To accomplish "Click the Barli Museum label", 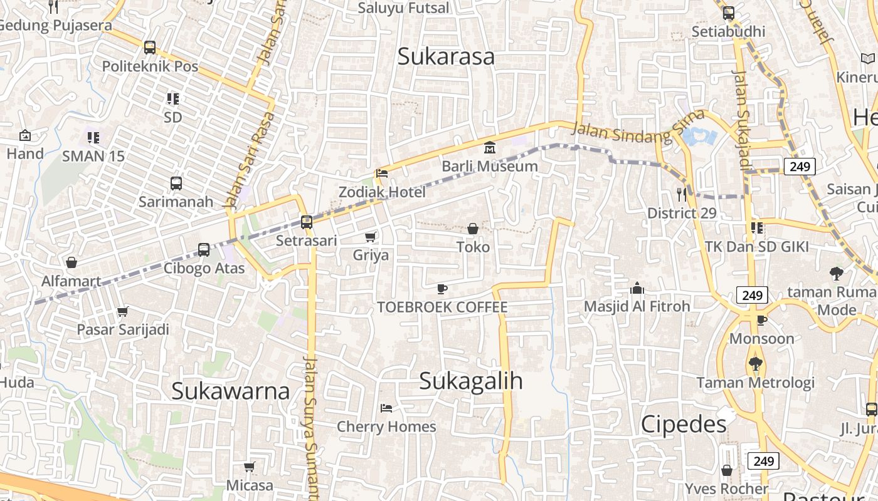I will [x=490, y=166].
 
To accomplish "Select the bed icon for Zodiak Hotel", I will [x=382, y=173].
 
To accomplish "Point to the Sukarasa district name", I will [x=446, y=56].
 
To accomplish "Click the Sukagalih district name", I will [x=470, y=381].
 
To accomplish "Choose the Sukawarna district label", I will [x=230, y=391].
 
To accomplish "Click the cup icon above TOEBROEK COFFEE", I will [x=442, y=289].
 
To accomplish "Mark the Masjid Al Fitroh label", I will [x=637, y=306].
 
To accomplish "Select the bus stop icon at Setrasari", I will [x=307, y=222].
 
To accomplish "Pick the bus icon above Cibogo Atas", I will [x=204, y=250].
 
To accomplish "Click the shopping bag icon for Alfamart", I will [x=71, y=262].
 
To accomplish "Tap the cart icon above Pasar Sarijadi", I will [x=123, y=311].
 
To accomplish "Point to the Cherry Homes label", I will [x=386, y=426].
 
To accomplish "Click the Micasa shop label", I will [x=250, y=485].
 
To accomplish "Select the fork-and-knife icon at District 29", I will [x=682, y=195].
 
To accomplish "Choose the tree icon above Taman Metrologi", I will [x=756, y=364].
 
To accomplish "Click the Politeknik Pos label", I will [x=150, y=66].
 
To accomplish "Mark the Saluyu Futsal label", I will [x=404, y=8].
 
